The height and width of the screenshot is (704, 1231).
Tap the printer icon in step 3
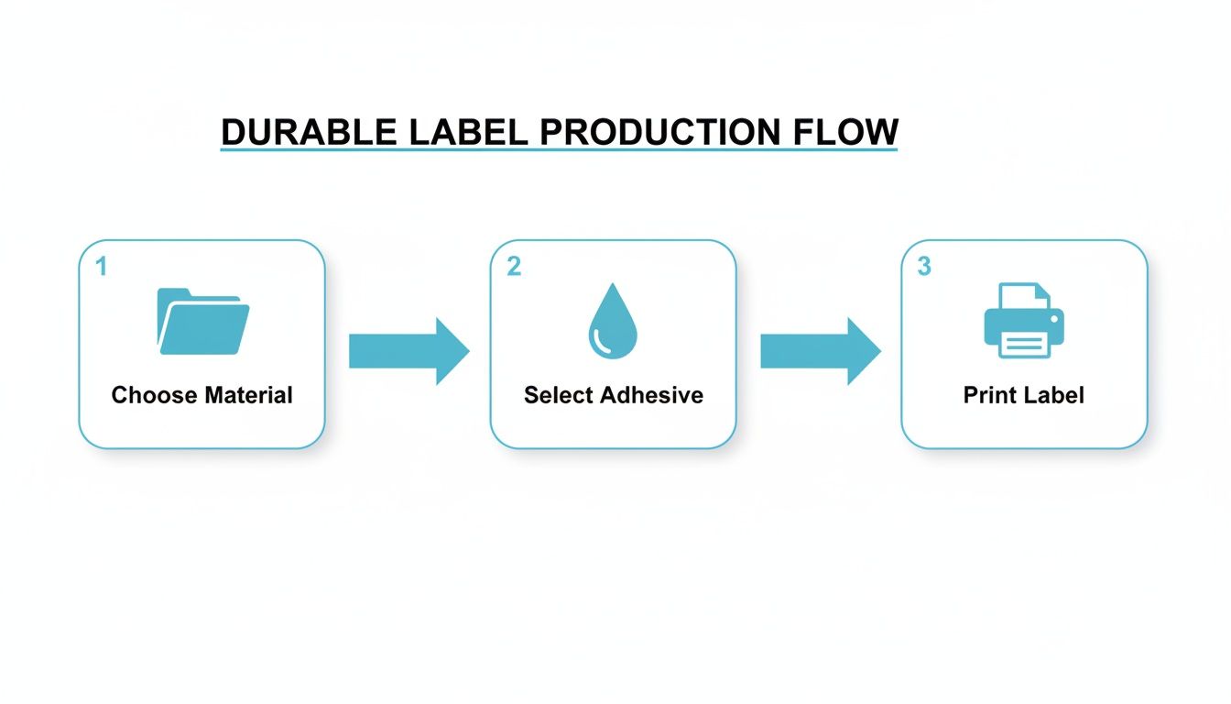1024,321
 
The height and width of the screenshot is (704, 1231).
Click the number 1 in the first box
101,267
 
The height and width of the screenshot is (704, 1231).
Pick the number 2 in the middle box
513,267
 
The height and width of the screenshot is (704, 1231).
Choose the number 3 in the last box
924,267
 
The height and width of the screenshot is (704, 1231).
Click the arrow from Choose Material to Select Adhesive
409,351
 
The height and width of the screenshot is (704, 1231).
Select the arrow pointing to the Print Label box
820,351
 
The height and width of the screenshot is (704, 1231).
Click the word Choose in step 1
154,395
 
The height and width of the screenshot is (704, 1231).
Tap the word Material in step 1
248,395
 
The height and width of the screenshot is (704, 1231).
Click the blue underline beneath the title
559,149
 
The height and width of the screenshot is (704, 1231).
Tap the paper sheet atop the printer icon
1024,295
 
